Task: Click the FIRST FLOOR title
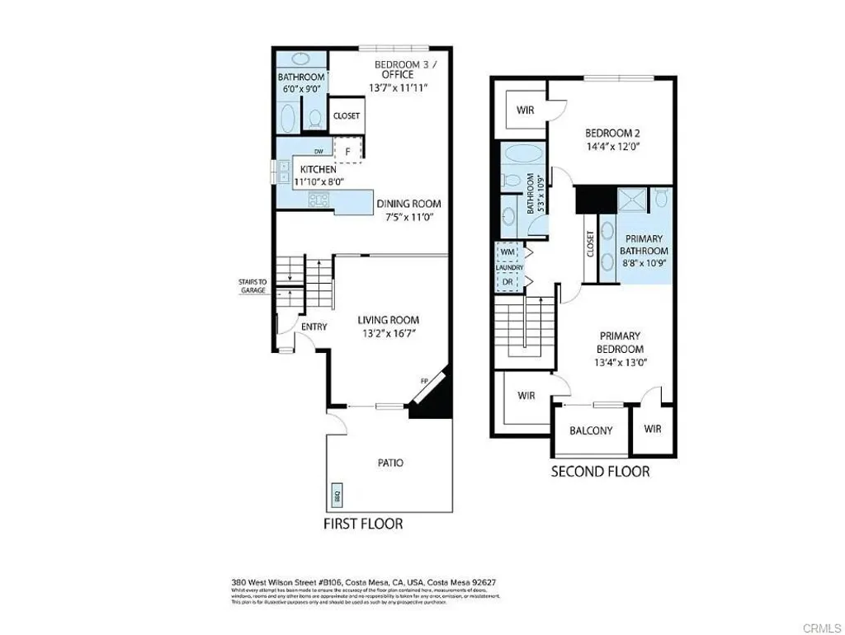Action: point(364,524)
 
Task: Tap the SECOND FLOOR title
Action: point(600,472)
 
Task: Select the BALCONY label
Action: point(591,430)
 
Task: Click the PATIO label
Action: point(390,463)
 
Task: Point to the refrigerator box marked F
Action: point(348,151)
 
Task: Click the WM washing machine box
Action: point(507,252)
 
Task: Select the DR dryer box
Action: point(507,281)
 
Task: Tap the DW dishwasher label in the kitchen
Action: point(319,152)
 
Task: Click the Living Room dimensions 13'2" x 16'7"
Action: point(388,334)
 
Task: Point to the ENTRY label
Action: point(314,327)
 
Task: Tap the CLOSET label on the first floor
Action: point(347,116)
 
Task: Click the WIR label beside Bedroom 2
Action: point(526,110)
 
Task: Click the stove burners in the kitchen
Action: point(318,199)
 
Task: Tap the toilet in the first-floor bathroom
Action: point(314,120)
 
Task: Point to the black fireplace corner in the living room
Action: point(434,404)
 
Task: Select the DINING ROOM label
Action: point(408,204)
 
